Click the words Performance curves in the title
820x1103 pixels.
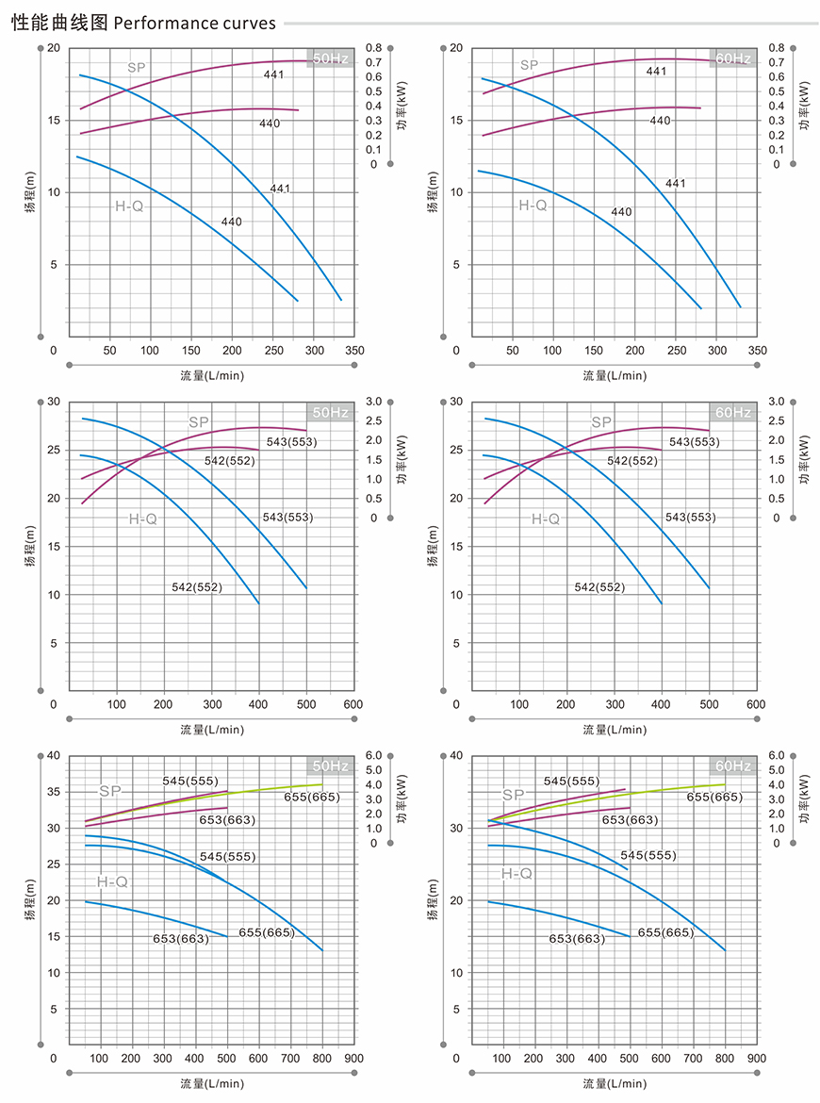(x=194, y=23)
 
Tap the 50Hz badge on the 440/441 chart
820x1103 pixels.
(x=330, y=58)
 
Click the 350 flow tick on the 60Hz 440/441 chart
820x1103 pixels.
(x=757, y=351)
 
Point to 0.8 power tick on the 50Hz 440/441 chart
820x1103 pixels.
(x=373, y=47)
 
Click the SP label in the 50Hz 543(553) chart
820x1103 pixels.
(x=198, y=422)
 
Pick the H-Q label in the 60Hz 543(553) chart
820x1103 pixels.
(x=545, y=519)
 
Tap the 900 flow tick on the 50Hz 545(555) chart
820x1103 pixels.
(x=354, y=1058)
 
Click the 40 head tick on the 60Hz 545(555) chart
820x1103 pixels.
(x=456, y=755)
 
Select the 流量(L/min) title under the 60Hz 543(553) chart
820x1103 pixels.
(x=614, y=729)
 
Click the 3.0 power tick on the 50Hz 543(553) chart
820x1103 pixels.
(x=373, y=402)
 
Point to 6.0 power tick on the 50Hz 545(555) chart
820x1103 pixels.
(x=373, y=755)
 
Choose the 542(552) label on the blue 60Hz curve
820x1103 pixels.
(x=599, y=587)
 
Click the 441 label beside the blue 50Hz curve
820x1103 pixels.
(x=280, y=189)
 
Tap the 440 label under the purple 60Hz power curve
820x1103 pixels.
(x=660, y=121)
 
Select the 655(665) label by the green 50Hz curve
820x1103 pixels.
(x=313, y=798)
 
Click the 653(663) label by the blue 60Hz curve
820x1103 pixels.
(x=578, y=939)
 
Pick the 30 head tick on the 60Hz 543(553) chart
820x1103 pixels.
(x=456, y=402)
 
